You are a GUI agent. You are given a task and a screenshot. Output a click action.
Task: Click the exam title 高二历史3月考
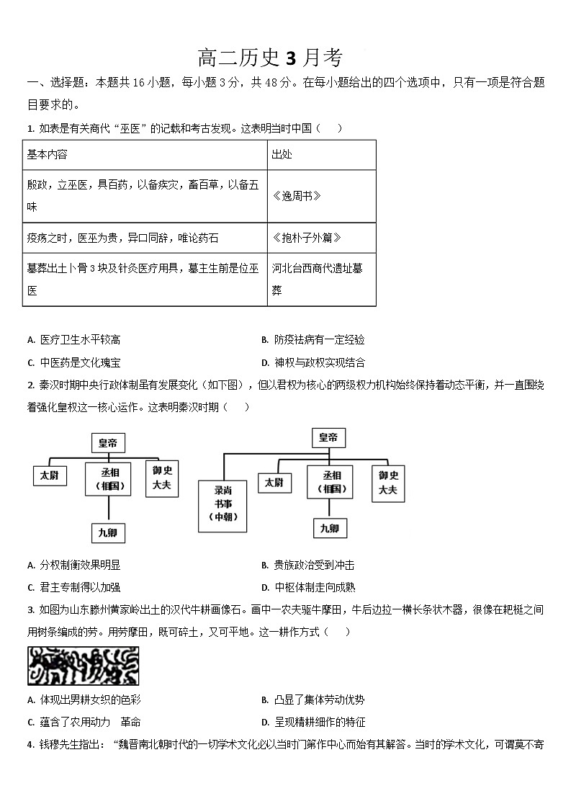pos(270,58)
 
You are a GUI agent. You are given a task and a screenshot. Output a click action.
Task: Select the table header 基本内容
pos(47,155)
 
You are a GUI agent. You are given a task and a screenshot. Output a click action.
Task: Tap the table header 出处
pos(282,155)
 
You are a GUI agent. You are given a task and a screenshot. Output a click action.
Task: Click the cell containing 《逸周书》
pos(297,196)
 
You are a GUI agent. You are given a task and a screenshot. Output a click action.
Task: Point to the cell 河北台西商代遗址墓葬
pos(317,279)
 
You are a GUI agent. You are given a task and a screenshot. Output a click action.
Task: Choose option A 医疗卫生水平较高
pos(80,340)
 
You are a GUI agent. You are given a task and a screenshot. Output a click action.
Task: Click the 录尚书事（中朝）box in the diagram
pos(222,503)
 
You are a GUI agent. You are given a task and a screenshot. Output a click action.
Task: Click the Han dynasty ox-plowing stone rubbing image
pos(84,666)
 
